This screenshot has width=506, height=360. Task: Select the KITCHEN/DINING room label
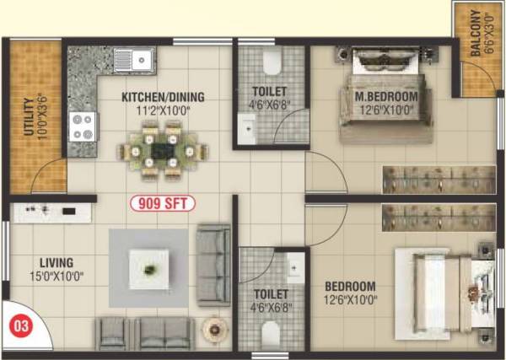click(x=163, y=97)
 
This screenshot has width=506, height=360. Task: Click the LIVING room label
click(x=56, y=262)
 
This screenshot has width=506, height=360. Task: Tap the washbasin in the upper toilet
click(x=247, y=129)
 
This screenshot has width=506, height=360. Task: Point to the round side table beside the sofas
click(x=215, y=327)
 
